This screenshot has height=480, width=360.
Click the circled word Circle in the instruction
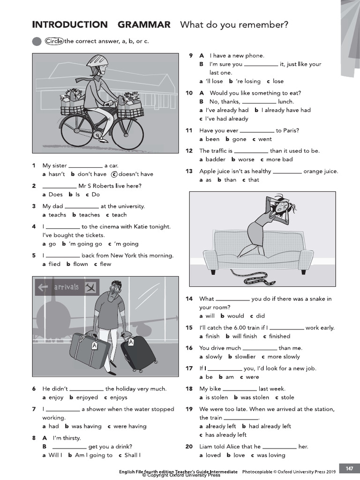click(54, 41)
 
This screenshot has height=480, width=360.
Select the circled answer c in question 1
click(113, 174)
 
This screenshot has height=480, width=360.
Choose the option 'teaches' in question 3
click(89, 215)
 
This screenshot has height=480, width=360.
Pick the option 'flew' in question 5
click(105, 264)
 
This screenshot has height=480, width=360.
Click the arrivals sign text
click(66, 287)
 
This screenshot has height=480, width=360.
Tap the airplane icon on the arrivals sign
click(90, 287)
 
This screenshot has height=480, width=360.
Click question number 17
click(189, 368)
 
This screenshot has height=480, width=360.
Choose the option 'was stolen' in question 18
click(255, 397)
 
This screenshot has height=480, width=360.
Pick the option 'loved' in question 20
click(213, 455)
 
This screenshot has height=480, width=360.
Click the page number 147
click(349, 469)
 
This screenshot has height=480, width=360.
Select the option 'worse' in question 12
click(246, 159)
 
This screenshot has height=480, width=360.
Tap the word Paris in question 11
click(291, 130)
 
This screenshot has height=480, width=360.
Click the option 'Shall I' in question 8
click(132, 455)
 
